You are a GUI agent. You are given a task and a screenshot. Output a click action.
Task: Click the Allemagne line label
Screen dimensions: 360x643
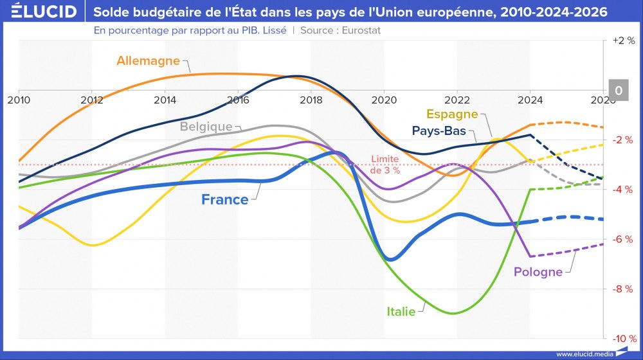point(149,61)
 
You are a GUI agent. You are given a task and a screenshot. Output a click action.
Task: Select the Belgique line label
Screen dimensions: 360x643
point(206,127)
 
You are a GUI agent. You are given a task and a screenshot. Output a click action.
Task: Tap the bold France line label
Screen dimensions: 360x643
point(224,200)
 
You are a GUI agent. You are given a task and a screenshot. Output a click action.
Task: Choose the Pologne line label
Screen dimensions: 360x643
point(538,272)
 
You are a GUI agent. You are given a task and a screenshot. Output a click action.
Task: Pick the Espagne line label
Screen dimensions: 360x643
point(453,114)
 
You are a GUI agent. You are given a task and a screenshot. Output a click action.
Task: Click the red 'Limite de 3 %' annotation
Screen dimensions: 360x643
point(386,165)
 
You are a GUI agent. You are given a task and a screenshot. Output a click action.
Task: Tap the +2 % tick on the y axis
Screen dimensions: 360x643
point(622,40)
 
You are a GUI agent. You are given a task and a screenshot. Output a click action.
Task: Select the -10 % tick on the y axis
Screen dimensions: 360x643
point(622,339)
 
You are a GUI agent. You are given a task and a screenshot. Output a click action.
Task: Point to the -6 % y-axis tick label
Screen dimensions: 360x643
point(622,239)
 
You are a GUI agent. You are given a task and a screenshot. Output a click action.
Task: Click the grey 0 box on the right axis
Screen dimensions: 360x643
point(619,91)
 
